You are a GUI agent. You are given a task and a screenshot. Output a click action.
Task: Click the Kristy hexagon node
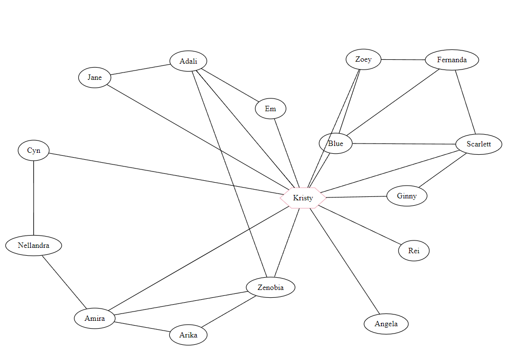tap(303, 198)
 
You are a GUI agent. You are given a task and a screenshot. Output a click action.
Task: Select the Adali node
tap(188, 61)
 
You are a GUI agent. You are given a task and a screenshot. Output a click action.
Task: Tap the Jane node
tap(95, 77)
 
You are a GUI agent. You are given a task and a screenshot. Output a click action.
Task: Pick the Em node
tap(271, 109)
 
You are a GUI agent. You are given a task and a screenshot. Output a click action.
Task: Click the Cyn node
tap(34, 150)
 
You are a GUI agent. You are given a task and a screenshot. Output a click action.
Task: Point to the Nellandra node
tap(34, 245)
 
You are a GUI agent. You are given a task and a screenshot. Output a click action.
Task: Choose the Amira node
tap(95, 318)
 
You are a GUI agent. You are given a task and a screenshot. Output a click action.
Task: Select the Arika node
tap(188, 335)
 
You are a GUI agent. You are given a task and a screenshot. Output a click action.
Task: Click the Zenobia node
tap(271, 288)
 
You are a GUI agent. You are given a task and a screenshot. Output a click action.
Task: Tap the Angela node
tap(386, 324)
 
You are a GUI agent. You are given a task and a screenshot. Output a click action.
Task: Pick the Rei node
tap(414, 251)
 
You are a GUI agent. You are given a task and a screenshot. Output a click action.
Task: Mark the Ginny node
tap(407, 196)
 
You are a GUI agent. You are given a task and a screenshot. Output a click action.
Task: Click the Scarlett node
tap(478, 144)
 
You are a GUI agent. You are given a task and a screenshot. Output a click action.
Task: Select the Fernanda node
tap(452, 60)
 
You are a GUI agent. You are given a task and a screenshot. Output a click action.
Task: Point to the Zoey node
tap(363, 59)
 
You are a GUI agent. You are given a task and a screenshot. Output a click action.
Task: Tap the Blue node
tap(336, 144)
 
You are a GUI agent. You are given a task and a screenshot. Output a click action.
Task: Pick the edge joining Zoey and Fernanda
tap(403, 60)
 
